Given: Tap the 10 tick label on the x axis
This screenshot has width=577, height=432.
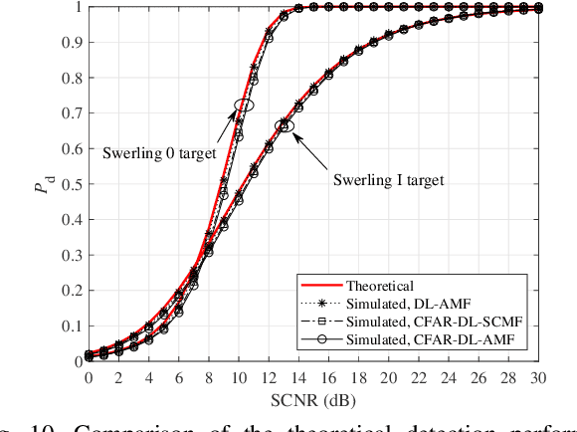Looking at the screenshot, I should coord(238,377).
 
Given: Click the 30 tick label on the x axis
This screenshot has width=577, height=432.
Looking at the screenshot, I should coord(538,377).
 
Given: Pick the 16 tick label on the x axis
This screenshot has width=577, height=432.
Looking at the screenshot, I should coord(328,377).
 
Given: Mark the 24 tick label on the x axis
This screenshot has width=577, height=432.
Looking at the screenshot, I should coord(448,377).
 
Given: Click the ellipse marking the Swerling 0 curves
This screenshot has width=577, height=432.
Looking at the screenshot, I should coord(244,105).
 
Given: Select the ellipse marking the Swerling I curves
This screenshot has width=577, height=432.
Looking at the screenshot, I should coord(284,126).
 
